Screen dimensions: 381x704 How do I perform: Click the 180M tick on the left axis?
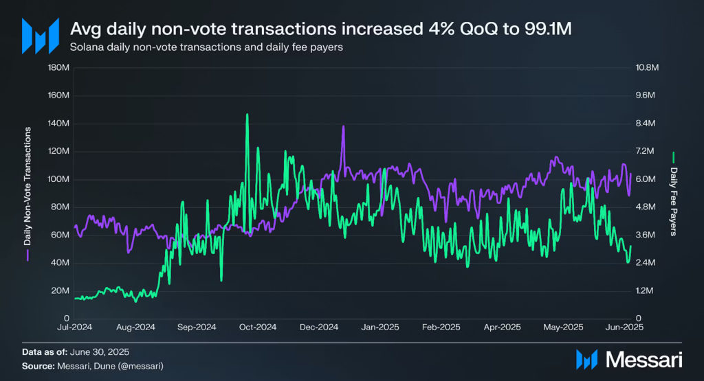[x=57, y=68]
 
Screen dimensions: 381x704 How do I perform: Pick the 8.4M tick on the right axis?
[x=646, y=124]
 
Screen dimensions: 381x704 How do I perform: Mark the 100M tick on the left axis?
[x=57, y=179]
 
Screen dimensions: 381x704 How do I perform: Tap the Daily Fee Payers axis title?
[x=674, y=198]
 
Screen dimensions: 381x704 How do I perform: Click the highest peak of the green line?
[x=246, y=115]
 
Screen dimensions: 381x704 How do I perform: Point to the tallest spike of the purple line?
[x=342, y=126]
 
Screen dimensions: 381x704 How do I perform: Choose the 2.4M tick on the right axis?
[x=646, y=263]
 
